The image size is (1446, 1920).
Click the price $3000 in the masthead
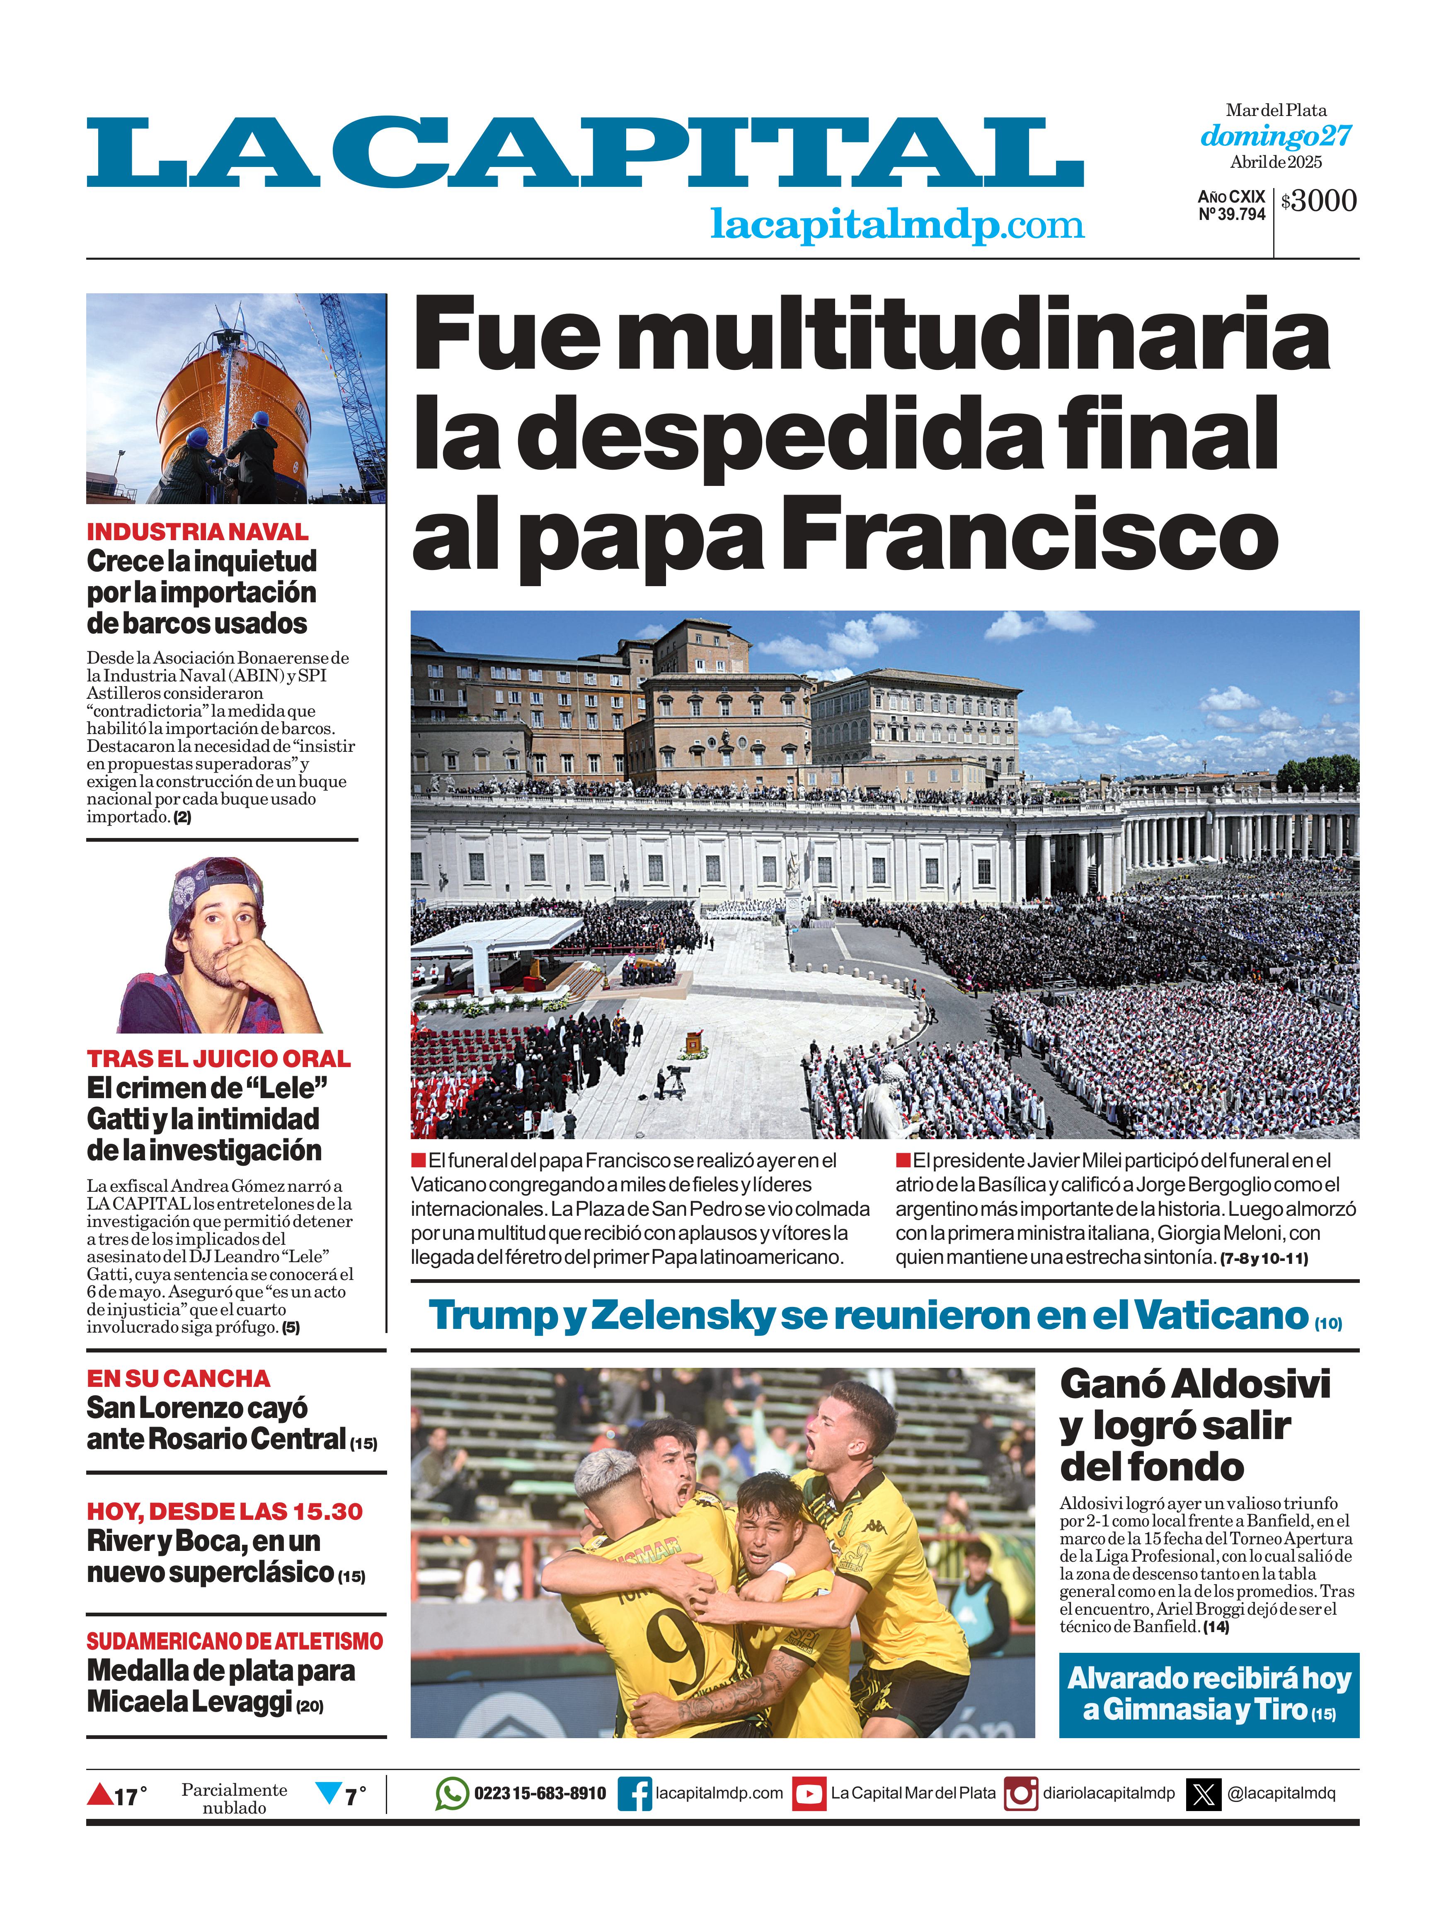(x=1318, y=201)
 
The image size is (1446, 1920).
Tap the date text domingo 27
(x=1276, y=136)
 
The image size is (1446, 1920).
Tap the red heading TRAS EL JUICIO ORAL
(x=218, y=1059)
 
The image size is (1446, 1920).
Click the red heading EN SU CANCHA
(x=178, y=1378)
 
